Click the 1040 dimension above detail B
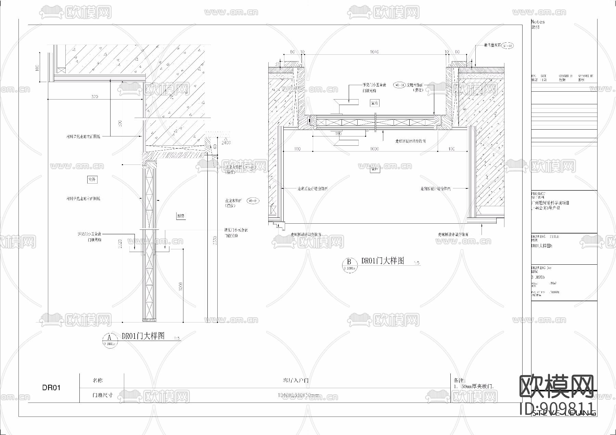click(x=374, y=52)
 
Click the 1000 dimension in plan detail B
click(x=374, y=149)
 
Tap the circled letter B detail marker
click(x=349, y=264)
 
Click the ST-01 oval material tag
click(x=507, y=45)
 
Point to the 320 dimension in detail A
click(x=94, y=96)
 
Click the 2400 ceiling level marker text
click(x=226, y=143)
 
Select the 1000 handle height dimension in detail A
click(x=180, y=286)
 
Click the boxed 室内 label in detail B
click(x=374, y=103)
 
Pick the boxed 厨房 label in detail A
click(x=181, y=216)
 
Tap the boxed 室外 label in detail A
click(x=92, y=179)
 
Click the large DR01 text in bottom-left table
click(x=51, y=387)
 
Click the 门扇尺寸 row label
click(x=102, y=395)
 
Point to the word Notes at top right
click(x=538, y=22)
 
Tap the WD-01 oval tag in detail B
click(x=399, y=85)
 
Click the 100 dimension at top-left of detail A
click(x=37, y=68)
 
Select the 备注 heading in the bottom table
click(x=459, y=380)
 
